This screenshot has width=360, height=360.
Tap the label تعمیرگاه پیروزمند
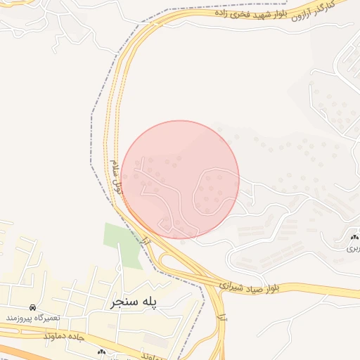pyautogui.click(x=33, y=318)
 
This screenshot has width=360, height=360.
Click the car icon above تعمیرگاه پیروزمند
pyautogui.click(x=33, y=308)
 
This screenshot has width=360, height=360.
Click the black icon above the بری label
pyautogui.click(x=354, y=239)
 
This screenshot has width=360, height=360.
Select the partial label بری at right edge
pyautogui.click(x=352, y=248)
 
